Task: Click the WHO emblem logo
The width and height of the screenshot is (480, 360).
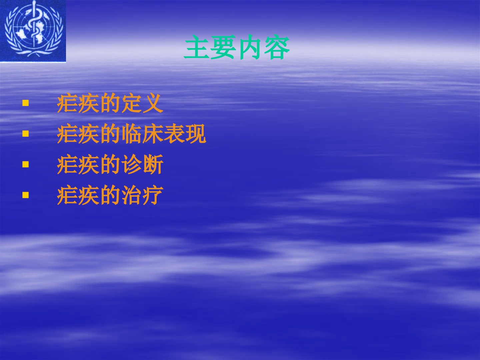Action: click(x=33, y=31)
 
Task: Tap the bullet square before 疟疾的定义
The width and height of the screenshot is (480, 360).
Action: click(x=26, y=103)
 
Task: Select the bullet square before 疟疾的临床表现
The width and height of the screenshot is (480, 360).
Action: click(x=26, y=134)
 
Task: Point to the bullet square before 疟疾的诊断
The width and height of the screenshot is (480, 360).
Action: click(x=26, y=164)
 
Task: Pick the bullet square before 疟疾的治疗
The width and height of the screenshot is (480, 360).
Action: click(x=26, y=195)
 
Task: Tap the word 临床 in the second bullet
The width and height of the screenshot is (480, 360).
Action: click(x=142, y=134)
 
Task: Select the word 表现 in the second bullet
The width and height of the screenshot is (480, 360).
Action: click(x=185, y=134)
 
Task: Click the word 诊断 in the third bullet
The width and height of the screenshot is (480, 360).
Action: click(x=142, y=164)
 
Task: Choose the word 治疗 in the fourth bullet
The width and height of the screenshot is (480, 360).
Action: click(x=142, y=195)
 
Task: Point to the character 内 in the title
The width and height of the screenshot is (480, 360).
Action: click(x=250, y=47)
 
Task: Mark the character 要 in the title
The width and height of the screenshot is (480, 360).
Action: click(x=223, y=47)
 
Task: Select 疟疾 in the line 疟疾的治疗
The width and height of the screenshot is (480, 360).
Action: click(x=78, y=195)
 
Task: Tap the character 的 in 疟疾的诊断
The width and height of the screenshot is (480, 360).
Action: click(x=110, y=164)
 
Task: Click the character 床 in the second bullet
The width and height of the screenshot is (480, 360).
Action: click(x=153, y=134)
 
